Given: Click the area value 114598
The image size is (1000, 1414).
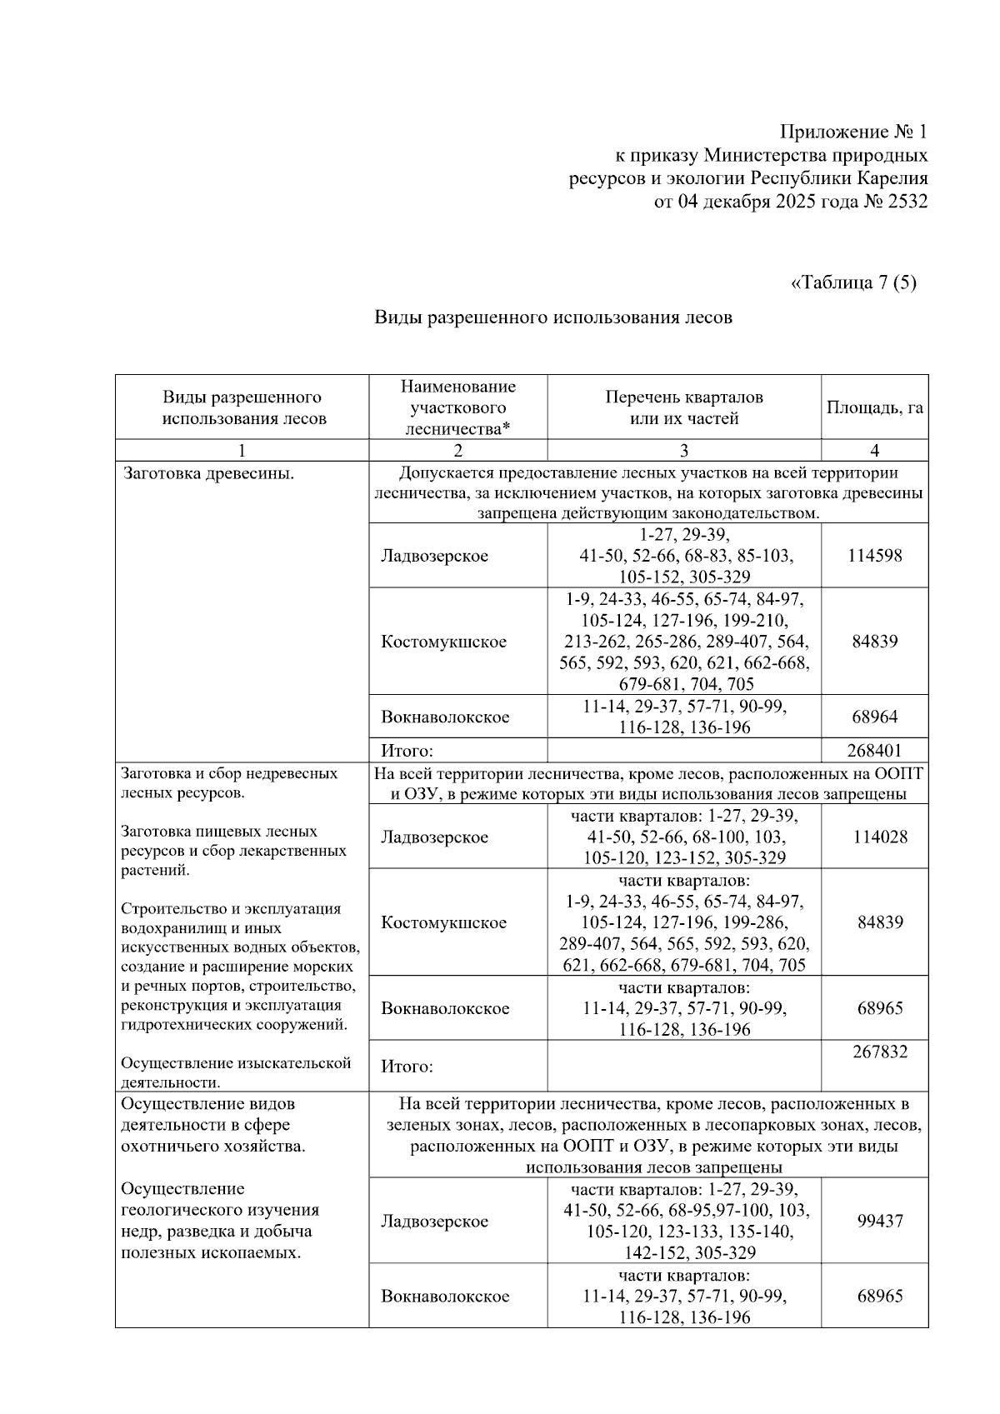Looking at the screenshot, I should pos(874,556).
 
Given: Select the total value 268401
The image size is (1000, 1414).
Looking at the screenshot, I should pos(874,750).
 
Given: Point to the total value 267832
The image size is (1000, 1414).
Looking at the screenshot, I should pos(880,1052).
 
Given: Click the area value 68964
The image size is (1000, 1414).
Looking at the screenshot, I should pos(874,717).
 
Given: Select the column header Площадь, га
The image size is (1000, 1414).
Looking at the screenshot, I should pos(874,408).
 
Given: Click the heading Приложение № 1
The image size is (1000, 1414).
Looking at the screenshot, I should pos(852,132).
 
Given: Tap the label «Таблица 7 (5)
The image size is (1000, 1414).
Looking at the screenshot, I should pos(852,282).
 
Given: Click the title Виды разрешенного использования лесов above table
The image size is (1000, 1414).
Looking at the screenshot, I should pos(553,317).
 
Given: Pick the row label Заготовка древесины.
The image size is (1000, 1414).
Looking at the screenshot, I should pos(208,474).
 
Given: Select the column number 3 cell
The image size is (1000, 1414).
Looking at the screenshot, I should pos(683,451).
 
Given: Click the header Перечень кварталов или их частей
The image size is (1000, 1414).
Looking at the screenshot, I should pos(683,408).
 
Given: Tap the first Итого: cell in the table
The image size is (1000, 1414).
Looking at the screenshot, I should pos(407,750).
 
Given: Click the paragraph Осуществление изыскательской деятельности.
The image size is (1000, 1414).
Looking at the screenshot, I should pos(236,1072).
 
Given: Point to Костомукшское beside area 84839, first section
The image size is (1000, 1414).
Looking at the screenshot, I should pos(443,642).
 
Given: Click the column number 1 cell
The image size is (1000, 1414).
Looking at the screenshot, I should pos(242,451).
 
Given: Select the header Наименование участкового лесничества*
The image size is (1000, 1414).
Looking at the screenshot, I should pos(457,408).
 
